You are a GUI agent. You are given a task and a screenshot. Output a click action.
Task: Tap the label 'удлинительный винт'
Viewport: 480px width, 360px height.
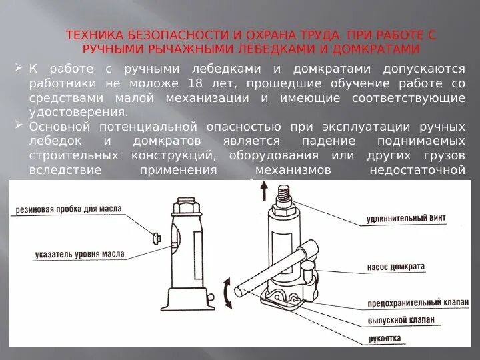coord(406,218)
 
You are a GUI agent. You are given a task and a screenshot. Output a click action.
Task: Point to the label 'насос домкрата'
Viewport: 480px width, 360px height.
coord(395,266)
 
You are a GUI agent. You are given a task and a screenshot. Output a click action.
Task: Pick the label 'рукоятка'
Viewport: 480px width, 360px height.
coord(385,339)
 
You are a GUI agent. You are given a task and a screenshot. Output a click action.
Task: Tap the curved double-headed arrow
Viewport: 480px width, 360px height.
coord(227,293)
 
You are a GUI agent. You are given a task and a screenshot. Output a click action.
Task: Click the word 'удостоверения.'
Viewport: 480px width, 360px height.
coord(78,112)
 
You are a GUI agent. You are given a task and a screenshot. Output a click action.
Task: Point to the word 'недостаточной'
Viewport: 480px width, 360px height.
coord(417,169)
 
